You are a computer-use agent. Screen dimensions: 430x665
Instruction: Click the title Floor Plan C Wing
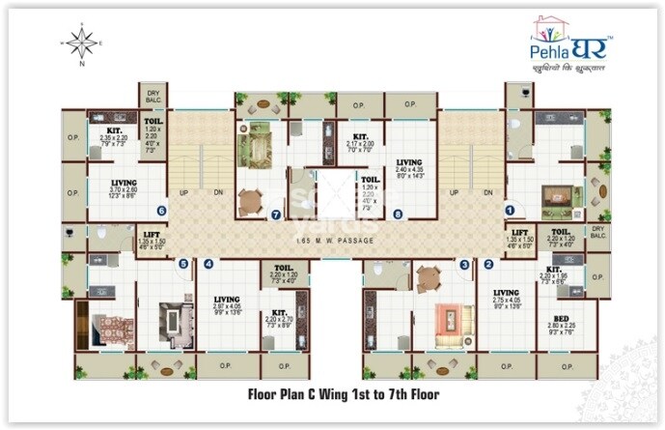332,394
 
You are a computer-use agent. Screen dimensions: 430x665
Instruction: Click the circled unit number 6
161,209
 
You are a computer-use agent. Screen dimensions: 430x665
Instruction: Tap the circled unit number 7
276,214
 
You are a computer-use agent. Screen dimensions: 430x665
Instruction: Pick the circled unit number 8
398,214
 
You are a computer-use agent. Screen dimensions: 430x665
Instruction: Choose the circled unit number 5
181,263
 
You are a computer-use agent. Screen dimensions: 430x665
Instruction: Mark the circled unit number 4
208,263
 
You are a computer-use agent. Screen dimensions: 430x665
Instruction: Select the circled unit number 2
489,263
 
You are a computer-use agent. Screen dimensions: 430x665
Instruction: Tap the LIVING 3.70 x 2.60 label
123,186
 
